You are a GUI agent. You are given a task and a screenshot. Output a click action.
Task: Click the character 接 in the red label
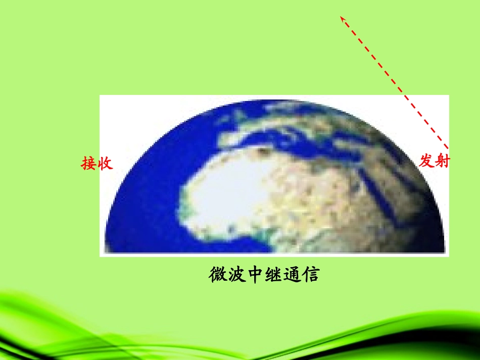[x=89, y=164]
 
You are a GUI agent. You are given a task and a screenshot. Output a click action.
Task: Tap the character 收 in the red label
[x=105, y=164]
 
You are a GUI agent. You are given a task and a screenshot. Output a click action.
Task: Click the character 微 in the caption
[x=218, y=275]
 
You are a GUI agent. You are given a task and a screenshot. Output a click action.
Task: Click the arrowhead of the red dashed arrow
[x=342, y=18]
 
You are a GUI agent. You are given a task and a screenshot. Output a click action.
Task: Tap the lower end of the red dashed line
[x=447, y=148]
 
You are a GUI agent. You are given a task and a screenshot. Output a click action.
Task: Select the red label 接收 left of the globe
[x=97, y=164]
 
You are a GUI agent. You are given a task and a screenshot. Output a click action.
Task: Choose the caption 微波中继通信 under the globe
[x=264, y=275]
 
